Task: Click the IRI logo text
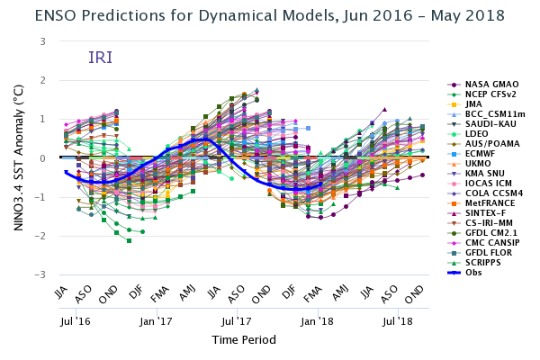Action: click(100, 58)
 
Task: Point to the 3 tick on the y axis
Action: click(42, 41)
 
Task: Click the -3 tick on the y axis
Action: click(40, 274)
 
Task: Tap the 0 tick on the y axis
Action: click(42, 158)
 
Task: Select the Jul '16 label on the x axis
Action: click(76, 319)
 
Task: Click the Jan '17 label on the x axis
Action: click(157, 319)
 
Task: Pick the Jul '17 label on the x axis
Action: click(238, 319)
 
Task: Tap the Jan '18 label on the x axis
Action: click(318, 319)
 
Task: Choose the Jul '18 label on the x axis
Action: click(399, 319)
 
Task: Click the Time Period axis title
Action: click(244, 340)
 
